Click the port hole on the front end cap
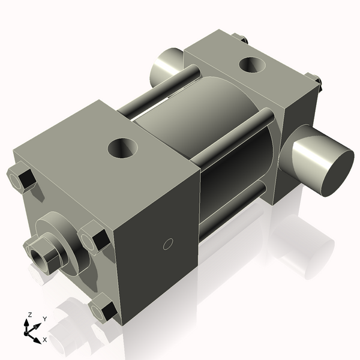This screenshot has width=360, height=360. (123, 146)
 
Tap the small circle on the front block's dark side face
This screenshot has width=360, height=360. (169, 243)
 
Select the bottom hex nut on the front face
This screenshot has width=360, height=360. (104, 310)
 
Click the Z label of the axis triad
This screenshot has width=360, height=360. (29, 315)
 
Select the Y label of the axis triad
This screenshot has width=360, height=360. (44, 319)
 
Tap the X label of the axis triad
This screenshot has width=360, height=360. (45, 340)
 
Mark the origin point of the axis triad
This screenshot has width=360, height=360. (29, 331)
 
